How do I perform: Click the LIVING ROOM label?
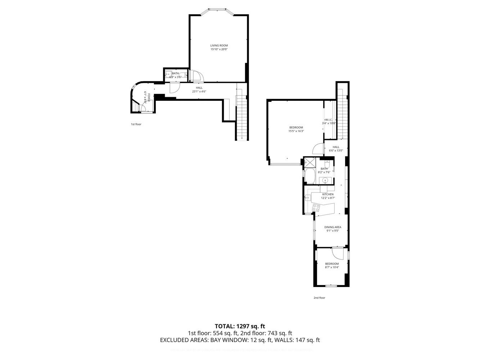tap(219, 45)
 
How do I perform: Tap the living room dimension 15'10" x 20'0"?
tap(219, 49)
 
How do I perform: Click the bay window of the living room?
tap(217, 10)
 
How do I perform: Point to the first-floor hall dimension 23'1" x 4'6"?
tap(199, 91)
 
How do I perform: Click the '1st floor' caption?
tap(136, 124)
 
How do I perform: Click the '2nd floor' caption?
tap(319, 298)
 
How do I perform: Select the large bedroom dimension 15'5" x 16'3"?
tap(296, 131)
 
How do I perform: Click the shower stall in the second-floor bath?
tap(309, 163)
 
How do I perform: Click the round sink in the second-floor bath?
tap(326, 180)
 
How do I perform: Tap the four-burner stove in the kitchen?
tap(316, 207)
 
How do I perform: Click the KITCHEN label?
tap(328, 194)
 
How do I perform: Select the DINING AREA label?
tap(332, 227)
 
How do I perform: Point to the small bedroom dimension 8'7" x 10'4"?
tap(332, 267)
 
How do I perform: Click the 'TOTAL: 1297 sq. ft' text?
tap(240, 327)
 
